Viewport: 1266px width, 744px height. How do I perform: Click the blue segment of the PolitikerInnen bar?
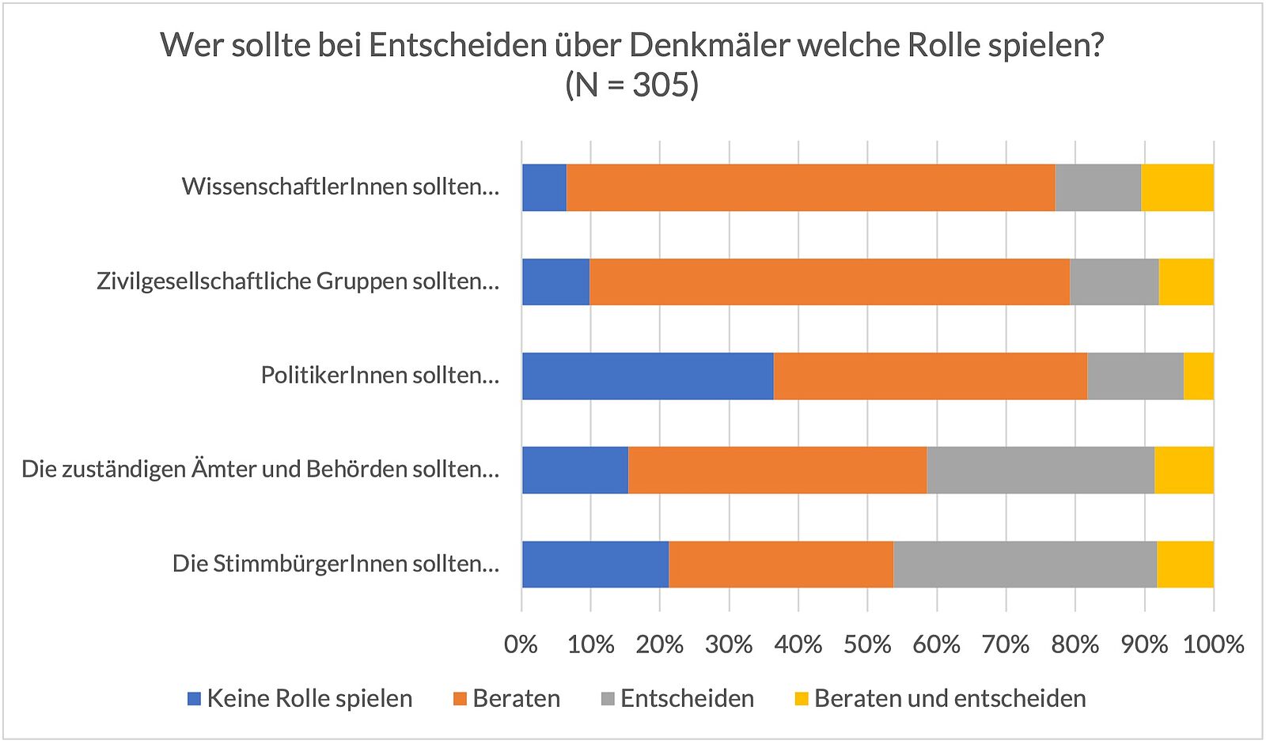[x=647, y=376]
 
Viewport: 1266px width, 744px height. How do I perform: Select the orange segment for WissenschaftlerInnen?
[x=810, y=187]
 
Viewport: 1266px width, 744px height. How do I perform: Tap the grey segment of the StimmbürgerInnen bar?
[x=1025, y=565]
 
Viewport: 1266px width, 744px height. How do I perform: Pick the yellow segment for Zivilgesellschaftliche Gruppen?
[x=1185, y=281]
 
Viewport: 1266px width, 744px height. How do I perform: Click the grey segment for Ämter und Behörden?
[x=1040, y=470]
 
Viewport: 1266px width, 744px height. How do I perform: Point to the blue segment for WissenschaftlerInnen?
[x=544, y=187]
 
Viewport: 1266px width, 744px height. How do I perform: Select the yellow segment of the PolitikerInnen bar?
[x=1198, y=376]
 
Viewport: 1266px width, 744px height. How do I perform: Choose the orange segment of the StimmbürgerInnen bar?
[x=780, y=565]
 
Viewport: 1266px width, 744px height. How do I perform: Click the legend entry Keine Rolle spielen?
[x=309, y=699]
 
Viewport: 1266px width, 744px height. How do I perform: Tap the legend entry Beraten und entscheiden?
[x=949, y=699]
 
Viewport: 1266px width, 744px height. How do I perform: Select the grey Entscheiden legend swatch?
[x=608, y=699]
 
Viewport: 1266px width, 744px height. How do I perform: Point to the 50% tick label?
[x=867, y=644]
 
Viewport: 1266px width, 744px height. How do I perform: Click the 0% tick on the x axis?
[x=521, y=644]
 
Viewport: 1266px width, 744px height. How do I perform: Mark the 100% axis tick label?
[x=1213, y=644]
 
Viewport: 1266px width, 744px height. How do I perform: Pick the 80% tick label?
[x=1075, y=644]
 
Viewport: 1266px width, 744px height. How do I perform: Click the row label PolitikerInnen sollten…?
[x=380, y=376]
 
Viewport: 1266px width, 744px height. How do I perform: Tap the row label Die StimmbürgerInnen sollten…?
[x=335, y=565]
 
